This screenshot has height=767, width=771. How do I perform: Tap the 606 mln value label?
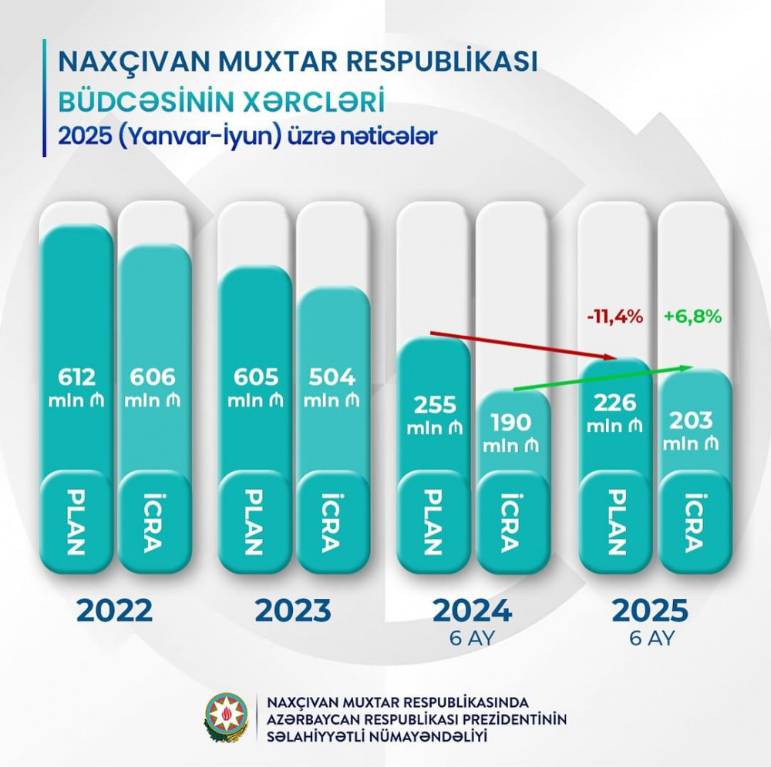point(153,387)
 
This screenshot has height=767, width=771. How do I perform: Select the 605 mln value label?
point(254,387)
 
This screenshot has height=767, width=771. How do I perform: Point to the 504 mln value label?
point(332,387)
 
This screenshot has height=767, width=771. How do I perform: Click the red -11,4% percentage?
point(614,317)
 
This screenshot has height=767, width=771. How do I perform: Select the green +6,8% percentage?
point(692,317)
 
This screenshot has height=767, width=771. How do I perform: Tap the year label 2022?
point(115,612)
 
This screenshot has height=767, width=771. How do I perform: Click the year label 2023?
point(294,612)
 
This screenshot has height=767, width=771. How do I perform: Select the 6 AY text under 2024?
point(473,638)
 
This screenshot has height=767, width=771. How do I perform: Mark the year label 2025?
point(649,612)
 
